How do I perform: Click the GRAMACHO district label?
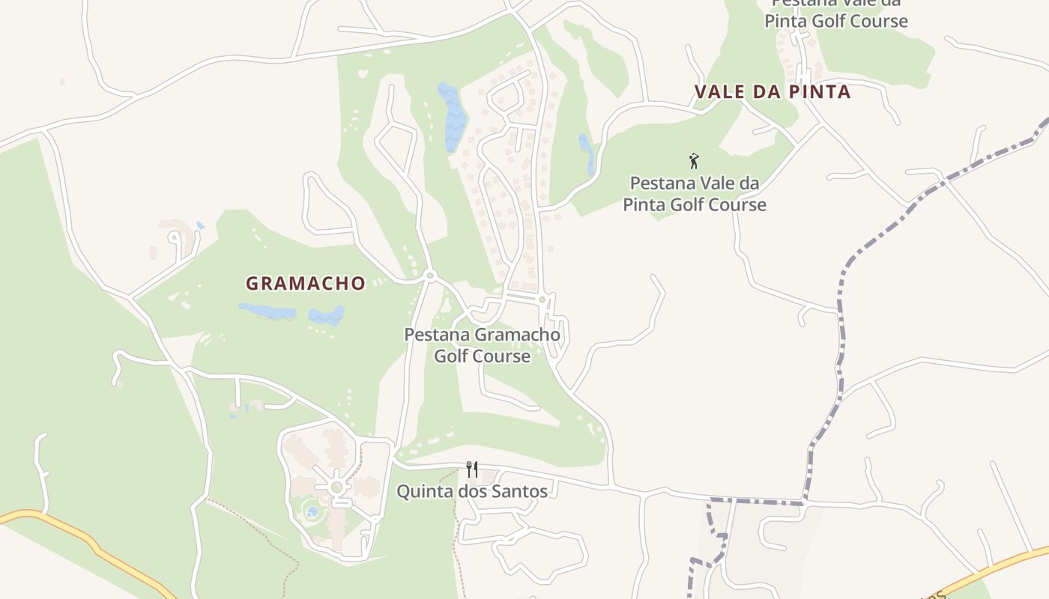click(306, 284)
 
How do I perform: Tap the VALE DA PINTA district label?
click(773, 92)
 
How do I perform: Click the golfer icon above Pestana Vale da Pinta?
click(694, 160)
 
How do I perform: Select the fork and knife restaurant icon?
click(472, 469)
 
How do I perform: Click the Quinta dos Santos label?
click(472, 492)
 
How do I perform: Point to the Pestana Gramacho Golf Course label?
click(482, 345)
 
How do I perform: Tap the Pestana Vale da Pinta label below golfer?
click(695, 194)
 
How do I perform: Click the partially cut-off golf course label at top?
click(835, 15)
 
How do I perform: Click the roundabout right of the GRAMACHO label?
click(429, 276)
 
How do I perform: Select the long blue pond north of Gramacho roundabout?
click(452, 116)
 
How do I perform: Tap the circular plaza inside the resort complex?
click(336, 487)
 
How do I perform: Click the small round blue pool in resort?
click(312, 512)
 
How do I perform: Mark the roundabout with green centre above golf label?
click(542, 299)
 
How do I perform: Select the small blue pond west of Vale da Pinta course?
click(586, 152)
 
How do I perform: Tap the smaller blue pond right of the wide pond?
click(327, 316)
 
